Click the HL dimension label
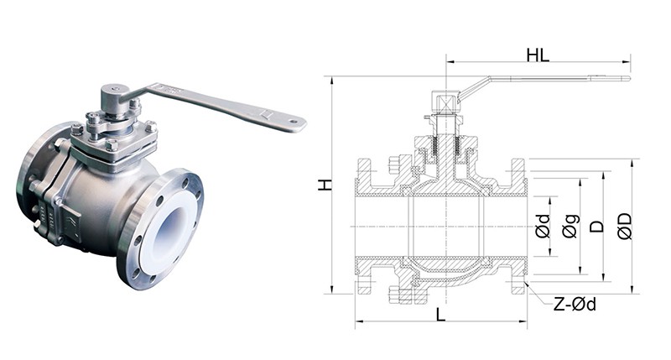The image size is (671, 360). pyautogui.click(x=538, y=56)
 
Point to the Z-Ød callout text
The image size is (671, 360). pyautogui.click(x=575, y=305)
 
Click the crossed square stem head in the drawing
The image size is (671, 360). pyautogui.click(x=445, y=102)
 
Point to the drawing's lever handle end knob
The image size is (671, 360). pyautogui.click(x=624, y=79)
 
